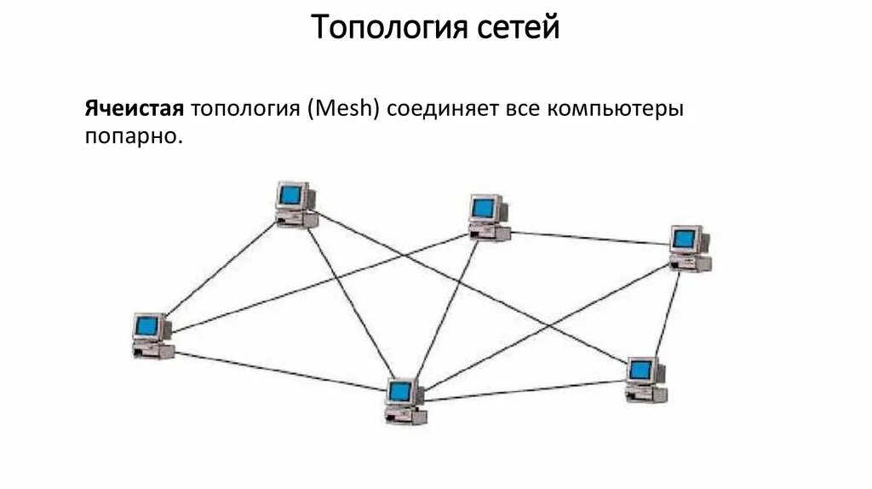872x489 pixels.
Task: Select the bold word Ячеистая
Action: tap(134, 110)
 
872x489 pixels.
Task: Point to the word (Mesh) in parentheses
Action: tap(347, 110)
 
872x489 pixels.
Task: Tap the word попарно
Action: tap(134, 136)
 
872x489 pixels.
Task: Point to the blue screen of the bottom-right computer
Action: tap(640, 371)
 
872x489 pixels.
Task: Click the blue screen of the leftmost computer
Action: tap(148, 325)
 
